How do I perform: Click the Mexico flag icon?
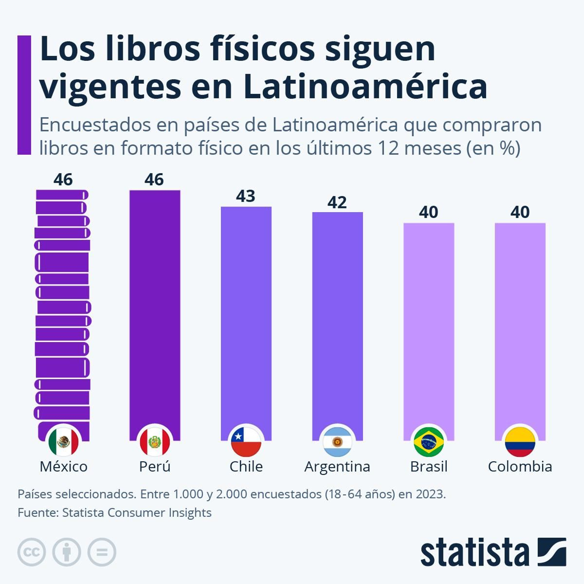[x=64, y=442]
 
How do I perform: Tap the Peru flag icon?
[x=155, y=442]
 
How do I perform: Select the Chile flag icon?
[x=246, y=442]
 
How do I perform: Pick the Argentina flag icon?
[x=337, y=442]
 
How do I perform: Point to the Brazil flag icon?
[x=429, y=442]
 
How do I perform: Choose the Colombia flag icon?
[x=520, y=442]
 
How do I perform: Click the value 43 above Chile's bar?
[x=245, y=196]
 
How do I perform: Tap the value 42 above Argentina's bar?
[x=337, y=203]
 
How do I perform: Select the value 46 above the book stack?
[x=63, y=180]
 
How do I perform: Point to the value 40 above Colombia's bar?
[x=520, y=212]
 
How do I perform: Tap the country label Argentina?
[x=337, y=466]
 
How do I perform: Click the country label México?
[x=64, y=466]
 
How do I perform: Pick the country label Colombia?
[x=520, y=466]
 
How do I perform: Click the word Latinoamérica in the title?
[x=365, y=87]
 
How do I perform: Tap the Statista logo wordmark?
[x=474, y=553]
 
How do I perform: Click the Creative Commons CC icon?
[x=32, y=552]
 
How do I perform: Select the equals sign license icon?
[x=102, y=552]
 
